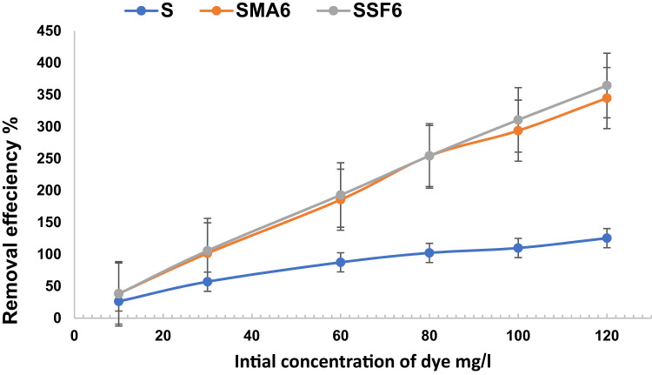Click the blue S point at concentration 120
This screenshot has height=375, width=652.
point(582,238)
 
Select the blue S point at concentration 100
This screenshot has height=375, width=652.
point(518,248)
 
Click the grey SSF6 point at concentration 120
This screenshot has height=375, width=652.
point(582,85)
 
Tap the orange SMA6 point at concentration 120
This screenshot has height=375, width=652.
point(582,98)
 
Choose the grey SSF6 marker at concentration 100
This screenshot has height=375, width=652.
point(518,120)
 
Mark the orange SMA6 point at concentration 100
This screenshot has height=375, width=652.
point(518,131)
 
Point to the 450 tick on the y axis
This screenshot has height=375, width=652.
point(57,31)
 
